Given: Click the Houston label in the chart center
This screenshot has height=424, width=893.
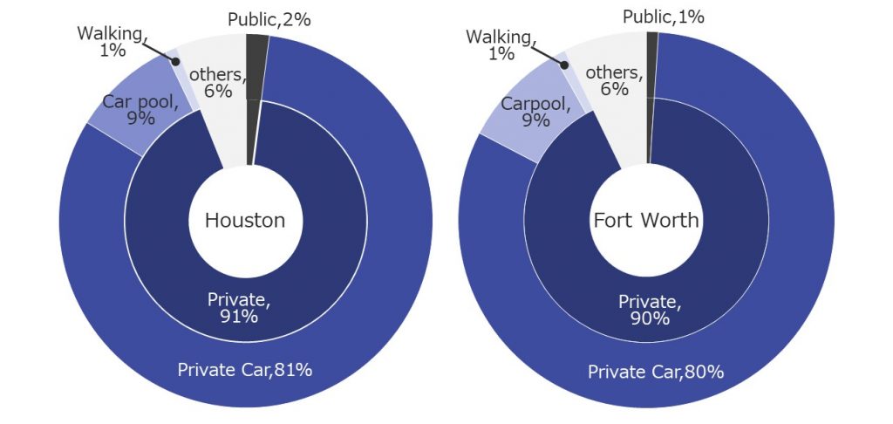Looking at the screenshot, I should tap(245, 220).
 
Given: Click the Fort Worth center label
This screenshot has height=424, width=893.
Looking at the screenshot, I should tap(646, 220).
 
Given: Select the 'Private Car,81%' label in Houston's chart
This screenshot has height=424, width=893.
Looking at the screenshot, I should tap(245, 369).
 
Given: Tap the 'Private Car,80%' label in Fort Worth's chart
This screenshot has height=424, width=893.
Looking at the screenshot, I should tap(656, 373).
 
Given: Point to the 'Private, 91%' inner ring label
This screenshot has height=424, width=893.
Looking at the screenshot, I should tap(239, 308).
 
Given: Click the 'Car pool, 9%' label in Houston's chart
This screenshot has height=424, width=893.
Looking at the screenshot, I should tap(140, 109).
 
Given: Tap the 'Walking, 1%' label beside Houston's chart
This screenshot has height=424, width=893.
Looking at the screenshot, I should tap(111, 42).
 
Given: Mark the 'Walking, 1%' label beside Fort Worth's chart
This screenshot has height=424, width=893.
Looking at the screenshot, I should tap(500, 44).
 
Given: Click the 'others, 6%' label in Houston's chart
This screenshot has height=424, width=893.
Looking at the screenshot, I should tap(215, 82).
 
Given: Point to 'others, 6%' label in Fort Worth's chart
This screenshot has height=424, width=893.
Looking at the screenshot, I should tap(614, 80).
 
